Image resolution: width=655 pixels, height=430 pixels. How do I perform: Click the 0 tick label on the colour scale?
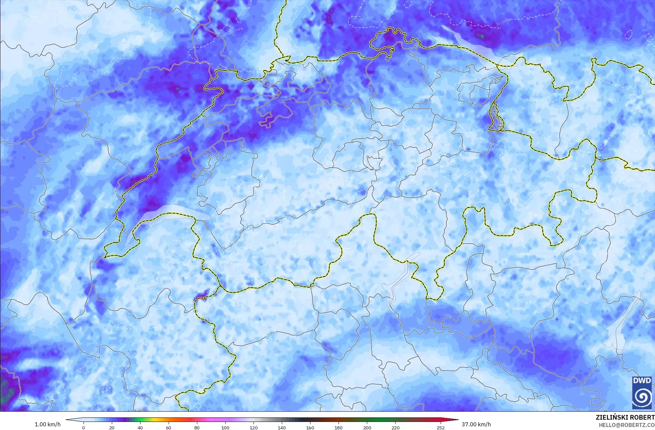pyautogui.click(x=83, y=427)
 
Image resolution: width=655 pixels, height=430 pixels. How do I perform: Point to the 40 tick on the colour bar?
pyautogui.click(x=140, y=427)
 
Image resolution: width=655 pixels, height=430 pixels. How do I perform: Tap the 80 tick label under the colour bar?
pyautogui.click(x=197, y=427)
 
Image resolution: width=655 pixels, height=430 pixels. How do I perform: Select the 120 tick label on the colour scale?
pyautogui.click(x=253, y=427)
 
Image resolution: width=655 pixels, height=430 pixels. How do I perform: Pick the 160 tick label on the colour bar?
pyautogui.click(x=310, y=427)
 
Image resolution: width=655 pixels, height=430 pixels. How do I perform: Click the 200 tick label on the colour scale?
pyautogui.click(x=367, y=427)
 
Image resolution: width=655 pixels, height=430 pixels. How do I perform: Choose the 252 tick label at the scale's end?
pyautogui.click(x=440, y=427)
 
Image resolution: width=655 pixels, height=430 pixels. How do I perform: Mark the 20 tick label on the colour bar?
pyautogui.click(x=112, y=427)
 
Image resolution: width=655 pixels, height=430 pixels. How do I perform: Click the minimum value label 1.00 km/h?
pyautogui.click(x=48, y=424)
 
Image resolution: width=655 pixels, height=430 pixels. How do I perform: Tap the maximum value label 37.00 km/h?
pyautogui.click(x=476, y=424)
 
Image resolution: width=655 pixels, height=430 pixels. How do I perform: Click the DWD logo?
pyautogui.click(x=642, y=393)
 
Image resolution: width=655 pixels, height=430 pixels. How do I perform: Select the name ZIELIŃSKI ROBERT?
pyautogui.click(x=625, y=417)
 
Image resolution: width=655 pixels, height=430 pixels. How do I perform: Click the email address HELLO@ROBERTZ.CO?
pyautogui.click(x=626, y=425)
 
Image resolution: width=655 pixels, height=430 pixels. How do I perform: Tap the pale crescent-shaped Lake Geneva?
pyautogui.click(x=160, y=214)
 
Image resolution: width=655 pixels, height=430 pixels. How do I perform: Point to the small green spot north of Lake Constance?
pyautogui.click(x=481, y=35)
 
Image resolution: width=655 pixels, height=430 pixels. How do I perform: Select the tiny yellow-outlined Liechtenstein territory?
pyautogui.click(x=495, y=117)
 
